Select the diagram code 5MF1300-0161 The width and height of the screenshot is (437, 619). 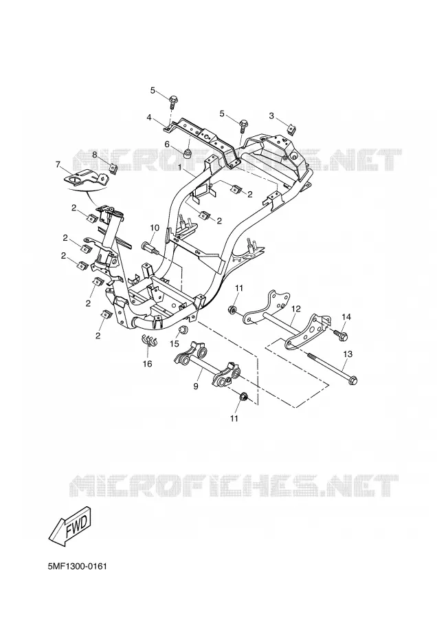(78, 567)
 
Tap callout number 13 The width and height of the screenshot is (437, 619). (348, 354)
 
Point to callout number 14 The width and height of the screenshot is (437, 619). (346, 316)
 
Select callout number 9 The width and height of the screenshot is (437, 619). (196, 387)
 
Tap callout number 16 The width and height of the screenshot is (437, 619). (147, 364)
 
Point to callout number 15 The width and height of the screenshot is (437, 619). (175, 344)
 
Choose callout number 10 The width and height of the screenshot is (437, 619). (154, 228)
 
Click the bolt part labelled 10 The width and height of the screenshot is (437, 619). (150, 248)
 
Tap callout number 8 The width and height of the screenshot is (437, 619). (95, 155)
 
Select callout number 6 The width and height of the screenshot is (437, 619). (167, 144)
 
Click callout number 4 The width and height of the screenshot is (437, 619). (149, 117)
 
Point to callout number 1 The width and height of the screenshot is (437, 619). (180, 167)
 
